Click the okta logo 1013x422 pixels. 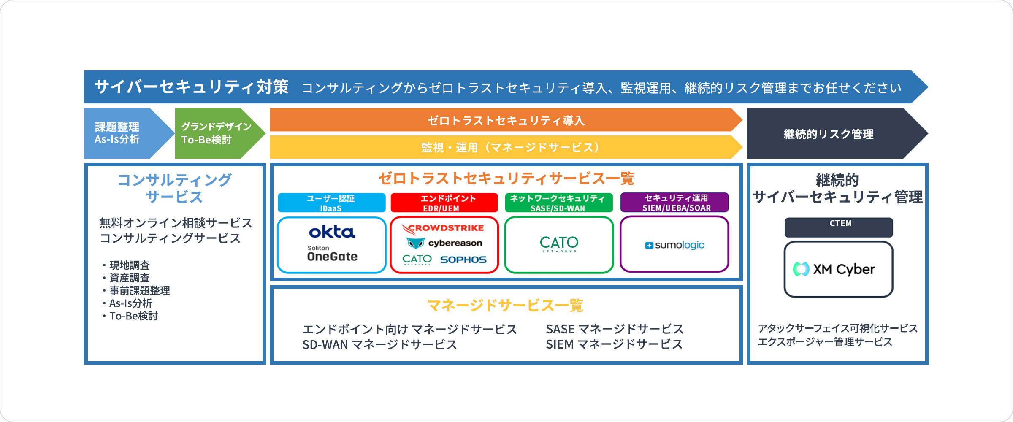tap(332, 232)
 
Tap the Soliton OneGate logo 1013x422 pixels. tap(332, 254)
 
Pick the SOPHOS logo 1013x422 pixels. tap(463, 260)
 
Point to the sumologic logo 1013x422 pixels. tap(674, 245)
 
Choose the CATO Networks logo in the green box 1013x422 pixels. tap(559, 244)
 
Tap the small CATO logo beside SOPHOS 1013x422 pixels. tap(417, 259)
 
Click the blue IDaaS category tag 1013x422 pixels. tap(331, 203)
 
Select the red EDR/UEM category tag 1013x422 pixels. tap(444, 203)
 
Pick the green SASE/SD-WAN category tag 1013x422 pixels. tap(558, 203)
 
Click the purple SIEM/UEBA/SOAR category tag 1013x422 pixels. tap(674, 203)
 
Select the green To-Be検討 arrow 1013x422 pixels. tap(215, 133)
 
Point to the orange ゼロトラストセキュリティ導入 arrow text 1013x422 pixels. tap(506, 121)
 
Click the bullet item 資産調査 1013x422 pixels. tap(130, 278)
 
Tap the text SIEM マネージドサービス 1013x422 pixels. tap(614, 344)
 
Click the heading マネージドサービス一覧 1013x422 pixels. tap(505, 305)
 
